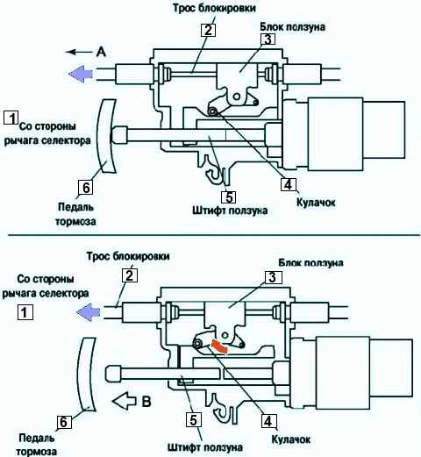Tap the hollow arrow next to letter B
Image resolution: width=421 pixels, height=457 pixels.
click(x=125, y=401)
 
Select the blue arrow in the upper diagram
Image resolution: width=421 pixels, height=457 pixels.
click(x=81, y=74)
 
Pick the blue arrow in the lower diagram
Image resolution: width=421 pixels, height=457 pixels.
click(x=89, y=312)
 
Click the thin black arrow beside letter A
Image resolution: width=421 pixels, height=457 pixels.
click(x=79, y=53)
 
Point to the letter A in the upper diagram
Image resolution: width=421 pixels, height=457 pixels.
click(x=101, y=52)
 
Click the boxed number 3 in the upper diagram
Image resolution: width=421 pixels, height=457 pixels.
click(x=268, y=39)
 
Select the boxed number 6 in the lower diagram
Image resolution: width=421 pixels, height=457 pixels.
click(x=63, y=423)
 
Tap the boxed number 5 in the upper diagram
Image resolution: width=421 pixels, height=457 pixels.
click(x=229, y=196)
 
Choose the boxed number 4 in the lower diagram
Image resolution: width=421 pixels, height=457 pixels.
click(x=268, y=421)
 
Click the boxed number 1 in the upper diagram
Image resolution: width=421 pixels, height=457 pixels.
click(x=11, y=118)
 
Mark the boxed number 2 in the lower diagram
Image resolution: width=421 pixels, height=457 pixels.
click(x=130, y=275)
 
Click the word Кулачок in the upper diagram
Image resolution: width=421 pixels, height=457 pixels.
click(x=316, y=203)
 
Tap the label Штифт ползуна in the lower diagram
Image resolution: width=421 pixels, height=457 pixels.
click(x=205, y=447)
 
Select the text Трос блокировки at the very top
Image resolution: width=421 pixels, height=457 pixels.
click(x=214, y=8)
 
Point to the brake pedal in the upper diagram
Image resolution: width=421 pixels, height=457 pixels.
click(x=106, y=136)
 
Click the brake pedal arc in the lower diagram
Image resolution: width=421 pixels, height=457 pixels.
click(x=87, y=375)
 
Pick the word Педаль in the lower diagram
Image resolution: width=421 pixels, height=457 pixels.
click(x=37, y=439)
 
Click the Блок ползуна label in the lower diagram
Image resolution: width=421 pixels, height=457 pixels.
click(x=310, y=262)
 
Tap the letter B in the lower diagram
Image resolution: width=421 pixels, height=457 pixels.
click(x=146, y=402)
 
